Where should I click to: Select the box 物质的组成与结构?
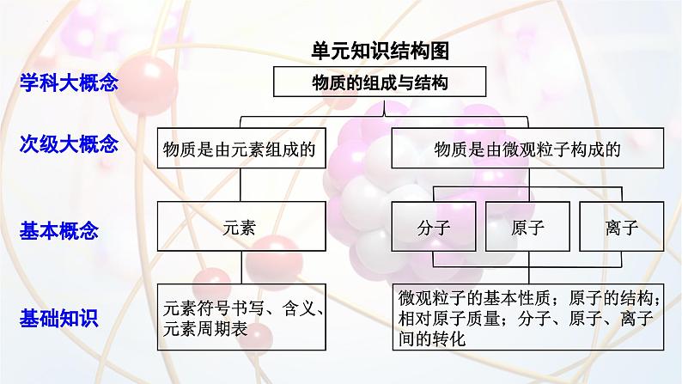click(x=380, y=82)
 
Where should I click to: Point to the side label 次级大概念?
click(x=69, y=144)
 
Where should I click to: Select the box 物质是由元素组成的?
click(x=240, y=149)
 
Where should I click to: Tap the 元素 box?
click(x=240, y=228)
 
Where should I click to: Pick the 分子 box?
click(x=434, y=228)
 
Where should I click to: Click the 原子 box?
click(x=527, y=228)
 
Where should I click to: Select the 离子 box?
click(x=620, y=228)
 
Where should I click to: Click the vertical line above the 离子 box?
click(x=620, y=193)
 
